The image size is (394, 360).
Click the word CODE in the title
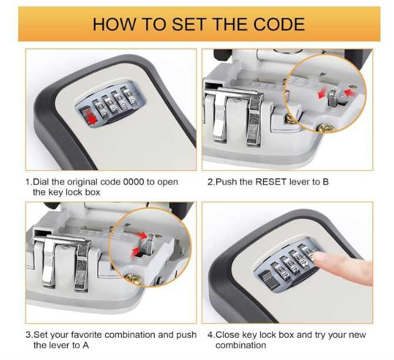click(279, 24)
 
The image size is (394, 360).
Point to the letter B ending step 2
click(326, 181)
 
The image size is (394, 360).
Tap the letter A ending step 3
click(86, 345)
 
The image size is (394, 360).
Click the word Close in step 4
click(228, 335)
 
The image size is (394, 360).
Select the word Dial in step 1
click(41, 181)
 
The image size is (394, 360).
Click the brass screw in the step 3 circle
click(132, 279)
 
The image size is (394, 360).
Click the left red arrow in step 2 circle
click(321, 94)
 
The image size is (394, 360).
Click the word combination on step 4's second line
click(241, 345)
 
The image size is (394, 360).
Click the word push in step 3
click(186, 335)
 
